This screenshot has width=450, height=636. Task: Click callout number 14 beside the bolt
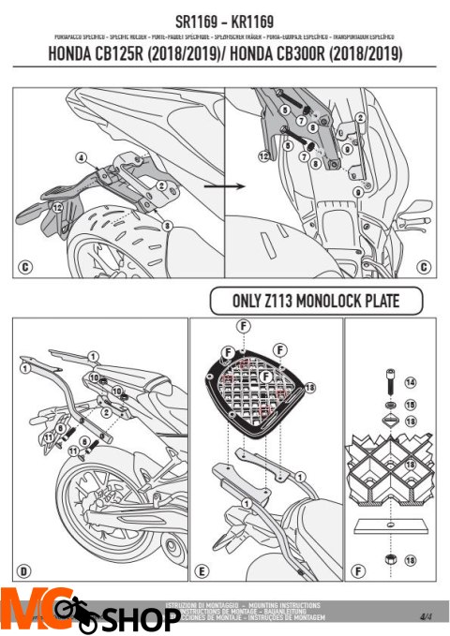pyautogui.click(x=409, y=383)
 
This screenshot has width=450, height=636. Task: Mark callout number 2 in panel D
pyautogui.click(x=110, y=411)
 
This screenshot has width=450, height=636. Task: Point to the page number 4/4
pyautogui.click(x=426, y=615)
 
